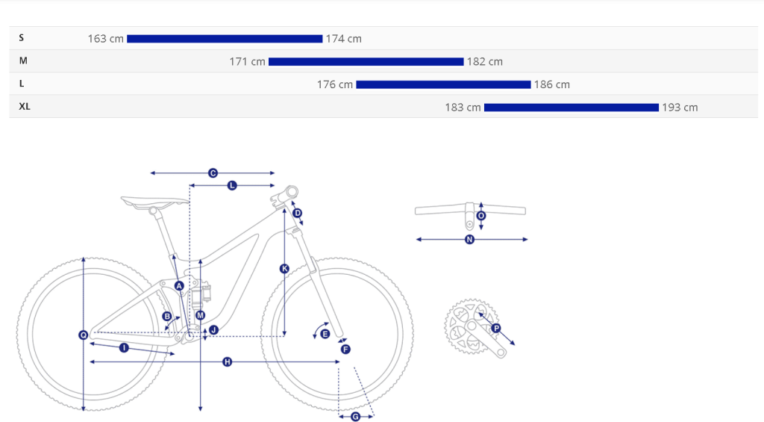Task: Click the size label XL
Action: [25, 106]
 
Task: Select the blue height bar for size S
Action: [225, 39]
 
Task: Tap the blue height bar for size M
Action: [366, 61]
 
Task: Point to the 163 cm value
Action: [106, 39]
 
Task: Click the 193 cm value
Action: [680, 108]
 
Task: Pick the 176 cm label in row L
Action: [335, 84]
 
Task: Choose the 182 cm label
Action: [485, 61]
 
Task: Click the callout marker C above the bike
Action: [213, 173]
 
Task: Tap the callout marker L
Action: [232, 185]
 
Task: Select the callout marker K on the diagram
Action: [284, 268]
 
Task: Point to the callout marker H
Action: [227, 362]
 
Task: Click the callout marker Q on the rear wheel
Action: [84, 335]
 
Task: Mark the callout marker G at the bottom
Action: [356, 417]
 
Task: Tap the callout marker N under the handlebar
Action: [470, 239]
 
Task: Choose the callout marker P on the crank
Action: [496, 329]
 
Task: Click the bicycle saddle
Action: [154, 202]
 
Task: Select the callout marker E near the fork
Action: [325, 334]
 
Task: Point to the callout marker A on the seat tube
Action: [179, 286]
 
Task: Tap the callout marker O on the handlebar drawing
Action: [481, 216]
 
